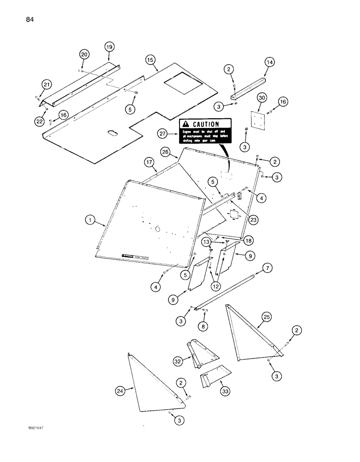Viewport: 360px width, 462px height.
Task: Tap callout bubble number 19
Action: (x=109, y=47)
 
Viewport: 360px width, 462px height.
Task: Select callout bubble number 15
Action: (x=150, y=61)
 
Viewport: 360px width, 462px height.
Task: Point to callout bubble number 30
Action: (x=261, y=98)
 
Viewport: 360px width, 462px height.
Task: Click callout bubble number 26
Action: (x=166, y=152)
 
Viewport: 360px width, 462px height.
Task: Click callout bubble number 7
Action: (x=267, y=268)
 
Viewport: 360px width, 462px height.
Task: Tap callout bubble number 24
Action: (x=120, y=391)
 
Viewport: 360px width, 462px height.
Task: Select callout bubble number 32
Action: (x=177, y=361)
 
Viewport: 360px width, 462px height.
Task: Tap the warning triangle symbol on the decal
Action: (x=186, y=124)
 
